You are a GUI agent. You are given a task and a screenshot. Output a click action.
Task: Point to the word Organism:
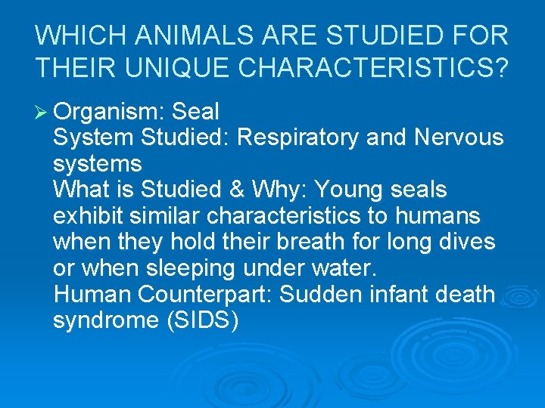[110, 113]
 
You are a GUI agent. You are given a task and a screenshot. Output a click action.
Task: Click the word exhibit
[89, 216]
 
